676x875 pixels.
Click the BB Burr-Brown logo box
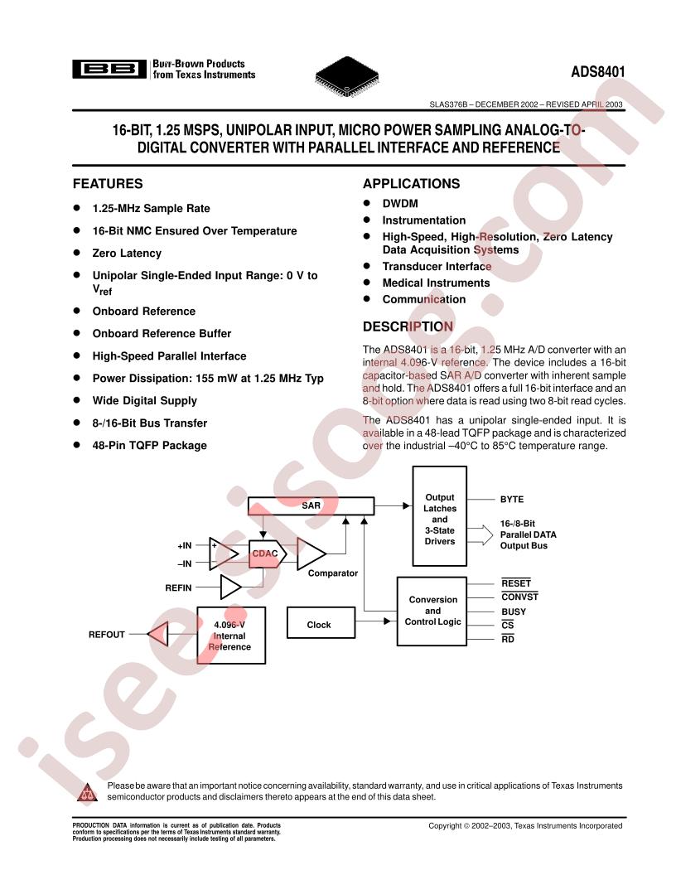(109, 70)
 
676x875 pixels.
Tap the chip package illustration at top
(347, 76)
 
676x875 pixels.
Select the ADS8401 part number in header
(598, 72)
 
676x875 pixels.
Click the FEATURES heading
(108, 184)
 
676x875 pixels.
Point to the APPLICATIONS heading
(412, 184)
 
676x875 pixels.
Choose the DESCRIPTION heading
(408, 326)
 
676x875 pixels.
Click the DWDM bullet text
(400, 204)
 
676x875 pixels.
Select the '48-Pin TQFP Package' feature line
(149, 445)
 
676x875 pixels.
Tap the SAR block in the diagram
(311, 505)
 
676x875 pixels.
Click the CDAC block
(267, 554)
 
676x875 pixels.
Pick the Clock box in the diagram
(321, 623)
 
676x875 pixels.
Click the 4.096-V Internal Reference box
(231, 636)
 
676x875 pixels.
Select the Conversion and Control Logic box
(432, 611)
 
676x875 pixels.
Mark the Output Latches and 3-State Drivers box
(440, 516)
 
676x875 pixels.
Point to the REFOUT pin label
(107, 635)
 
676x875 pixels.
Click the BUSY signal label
(514, 612)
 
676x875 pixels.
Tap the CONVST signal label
(519, 597)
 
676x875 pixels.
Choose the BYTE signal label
(512, 500)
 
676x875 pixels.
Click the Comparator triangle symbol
(310, 554)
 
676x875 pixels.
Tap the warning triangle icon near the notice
(87, 792)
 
